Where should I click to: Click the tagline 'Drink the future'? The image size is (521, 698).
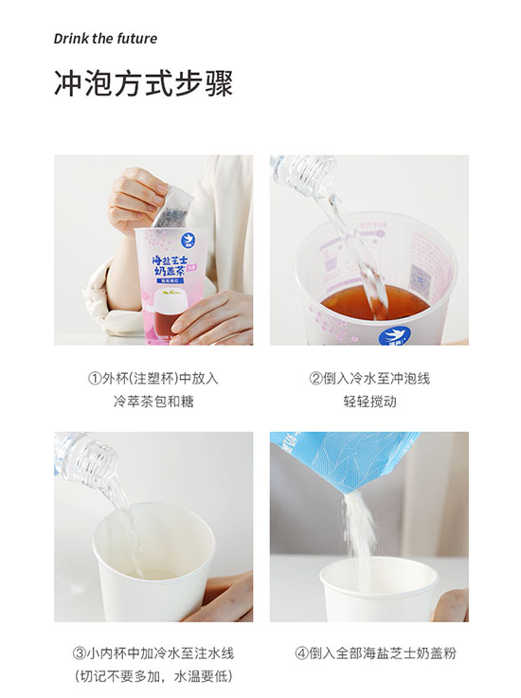[105, 39]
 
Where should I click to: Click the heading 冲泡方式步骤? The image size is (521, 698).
[143, 83]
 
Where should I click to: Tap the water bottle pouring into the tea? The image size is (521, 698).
[303, 175]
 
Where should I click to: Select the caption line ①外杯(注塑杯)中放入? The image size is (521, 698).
[153, 378]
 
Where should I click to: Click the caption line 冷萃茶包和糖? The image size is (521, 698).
[153, 401]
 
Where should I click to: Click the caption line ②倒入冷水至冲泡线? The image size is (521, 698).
[368, 378]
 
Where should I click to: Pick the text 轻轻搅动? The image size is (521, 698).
[368, 401]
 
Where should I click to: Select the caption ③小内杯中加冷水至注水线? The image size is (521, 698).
[153, 653]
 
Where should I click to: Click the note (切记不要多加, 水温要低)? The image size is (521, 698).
[153, 676]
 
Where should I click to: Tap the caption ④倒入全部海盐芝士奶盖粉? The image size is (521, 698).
[368, 653]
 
